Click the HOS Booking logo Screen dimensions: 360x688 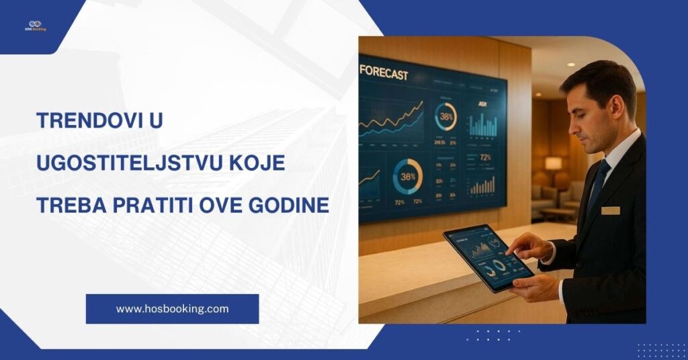point(35,26)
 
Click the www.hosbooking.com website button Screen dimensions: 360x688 point(172,309)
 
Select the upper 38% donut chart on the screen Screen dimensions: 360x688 point(445,116)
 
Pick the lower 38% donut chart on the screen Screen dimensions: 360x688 point(407,177)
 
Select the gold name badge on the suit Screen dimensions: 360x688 point(610,210)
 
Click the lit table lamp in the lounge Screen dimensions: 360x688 point(553,164)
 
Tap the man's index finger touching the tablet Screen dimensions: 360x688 point(512,251)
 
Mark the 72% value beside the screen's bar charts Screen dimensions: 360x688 point(485,158)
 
